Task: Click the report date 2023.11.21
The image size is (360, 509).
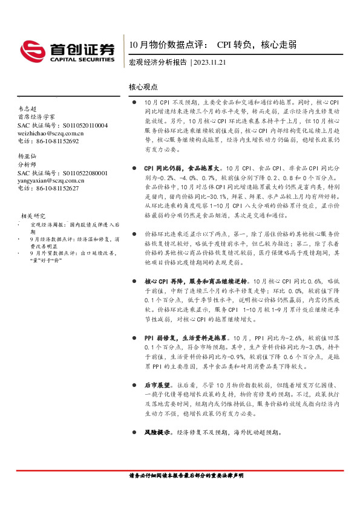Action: (209, 62)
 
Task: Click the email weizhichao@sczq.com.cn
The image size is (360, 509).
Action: (51, 132)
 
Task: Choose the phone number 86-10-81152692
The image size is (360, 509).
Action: (58, 140)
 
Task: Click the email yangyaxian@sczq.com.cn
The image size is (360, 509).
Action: (51, 180)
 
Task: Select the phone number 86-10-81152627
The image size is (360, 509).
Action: (58, 188)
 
